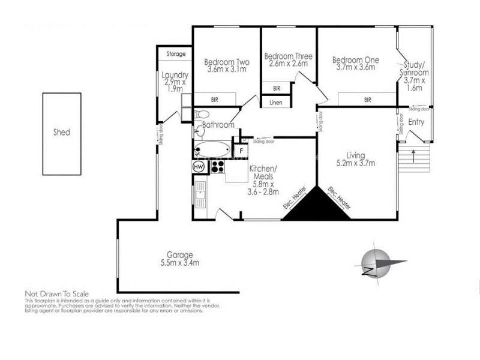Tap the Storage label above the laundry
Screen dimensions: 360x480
[176, 55]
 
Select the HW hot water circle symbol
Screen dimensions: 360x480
[199, 166]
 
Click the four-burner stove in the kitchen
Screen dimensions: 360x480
[217, 166]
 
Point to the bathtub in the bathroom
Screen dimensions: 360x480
[211, 149]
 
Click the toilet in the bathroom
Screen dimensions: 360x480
[202, 114]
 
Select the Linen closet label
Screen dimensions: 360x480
[275, 103]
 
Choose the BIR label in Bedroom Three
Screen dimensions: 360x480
[276, 88]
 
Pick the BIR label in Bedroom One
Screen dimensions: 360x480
[367, 100]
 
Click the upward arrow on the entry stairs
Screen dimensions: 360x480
[414, 158]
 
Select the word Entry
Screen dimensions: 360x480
[416, 122]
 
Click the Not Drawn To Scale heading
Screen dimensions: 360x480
[56, 293]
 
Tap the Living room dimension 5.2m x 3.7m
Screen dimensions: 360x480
[356, 162]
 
